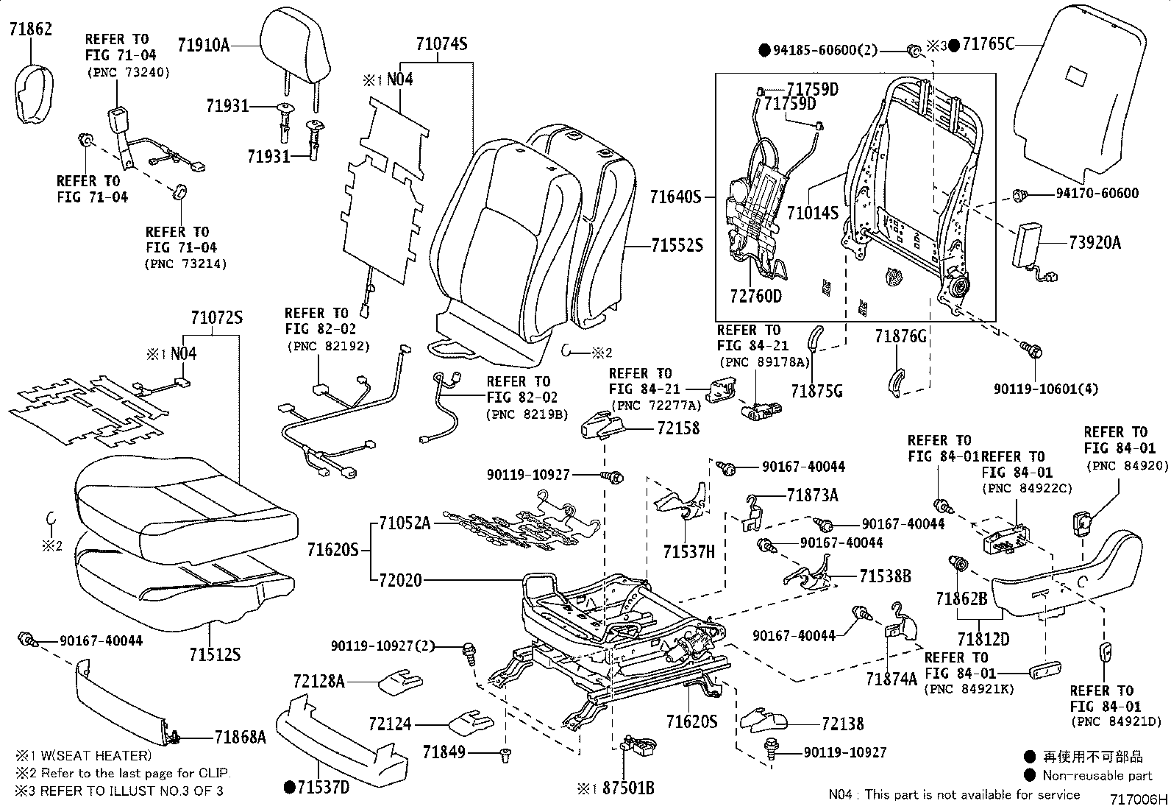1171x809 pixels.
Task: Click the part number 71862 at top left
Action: point(30,29)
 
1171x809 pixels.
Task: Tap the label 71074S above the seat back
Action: point(441,44)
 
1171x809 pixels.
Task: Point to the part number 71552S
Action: point(677,246)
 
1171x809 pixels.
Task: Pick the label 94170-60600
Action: point(1097,194)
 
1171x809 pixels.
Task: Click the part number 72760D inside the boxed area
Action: point(755,297)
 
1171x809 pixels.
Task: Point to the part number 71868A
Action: point(241,735)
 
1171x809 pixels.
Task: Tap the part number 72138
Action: point(843,724)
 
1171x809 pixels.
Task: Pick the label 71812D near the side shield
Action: point(983,638)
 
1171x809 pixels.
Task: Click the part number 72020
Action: point(400,580)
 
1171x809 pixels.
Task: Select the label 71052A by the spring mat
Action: point(405,523)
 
